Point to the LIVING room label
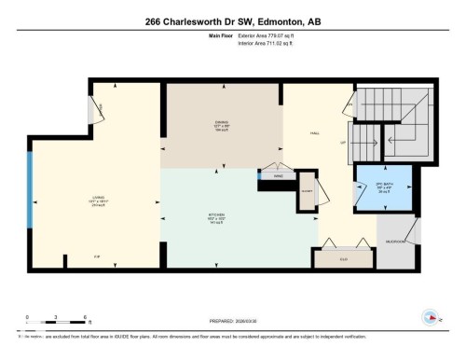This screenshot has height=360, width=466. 97,198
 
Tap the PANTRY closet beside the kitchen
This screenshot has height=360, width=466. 307,192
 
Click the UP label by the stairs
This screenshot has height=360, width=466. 343,142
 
